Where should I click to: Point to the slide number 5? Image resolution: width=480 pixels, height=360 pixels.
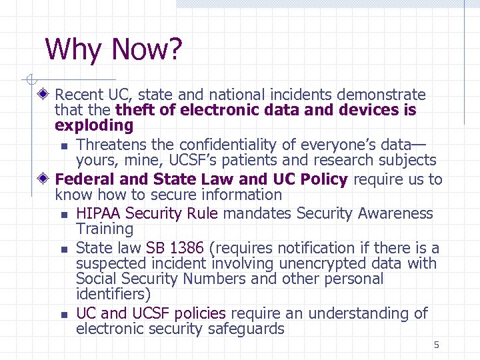(x=436, y=345)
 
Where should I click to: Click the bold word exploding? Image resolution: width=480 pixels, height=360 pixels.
(x=94, y=125)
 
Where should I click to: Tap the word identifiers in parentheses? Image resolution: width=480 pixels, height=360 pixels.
(x=111, y=294)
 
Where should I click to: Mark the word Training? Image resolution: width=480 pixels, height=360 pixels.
(x=105, y=229)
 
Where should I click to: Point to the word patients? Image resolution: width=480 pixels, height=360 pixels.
(x=260, y=160)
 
